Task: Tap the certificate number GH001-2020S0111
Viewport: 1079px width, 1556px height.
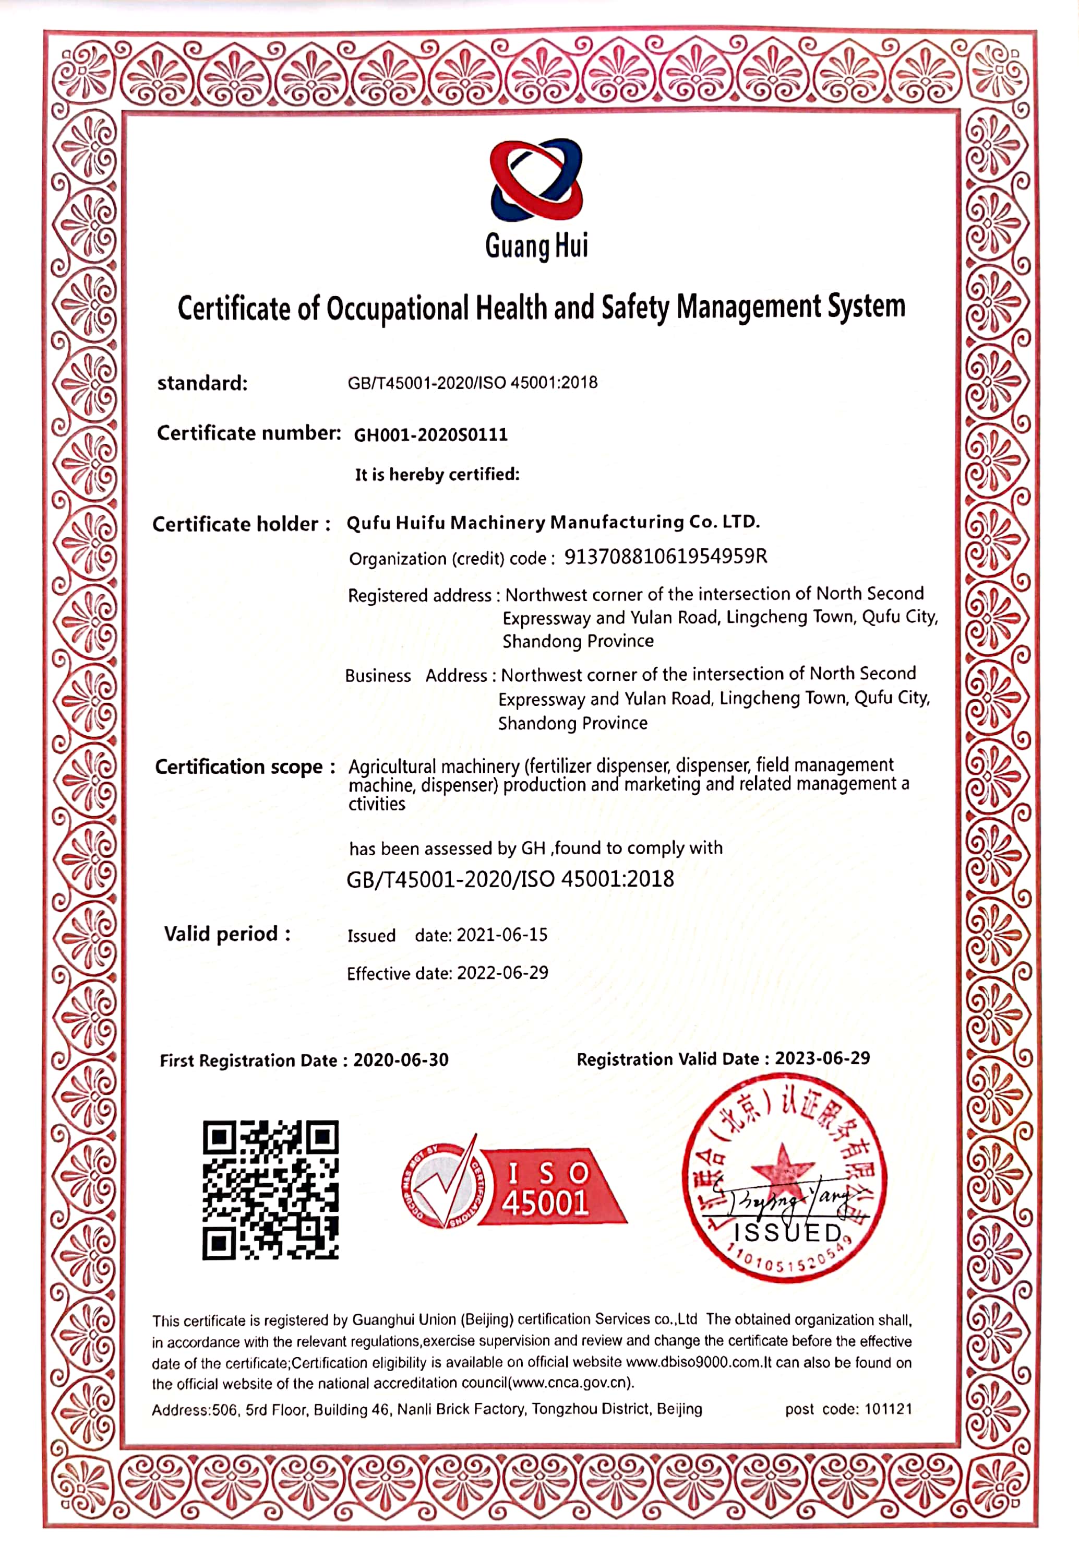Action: (x=430, y=434)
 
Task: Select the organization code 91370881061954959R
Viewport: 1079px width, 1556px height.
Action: (x=665, y=556)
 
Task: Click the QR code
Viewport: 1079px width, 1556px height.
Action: (x=270, y=1189)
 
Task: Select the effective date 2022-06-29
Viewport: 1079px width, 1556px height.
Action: (x=502, y=973)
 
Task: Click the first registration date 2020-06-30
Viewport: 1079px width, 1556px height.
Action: (x=401, y=1060)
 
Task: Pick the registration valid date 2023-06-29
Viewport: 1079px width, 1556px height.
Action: (x=822, y=1058)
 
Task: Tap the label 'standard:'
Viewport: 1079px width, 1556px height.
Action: (x=202, y=384)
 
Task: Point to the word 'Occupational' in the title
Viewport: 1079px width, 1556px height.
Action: (x=398, y=309)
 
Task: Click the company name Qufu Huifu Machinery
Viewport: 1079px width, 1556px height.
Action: (x=553, y=522)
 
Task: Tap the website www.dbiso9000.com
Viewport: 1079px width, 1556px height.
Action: (x=693, y=1362)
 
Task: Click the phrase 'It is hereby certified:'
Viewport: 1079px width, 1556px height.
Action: (x=437, y=474)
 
